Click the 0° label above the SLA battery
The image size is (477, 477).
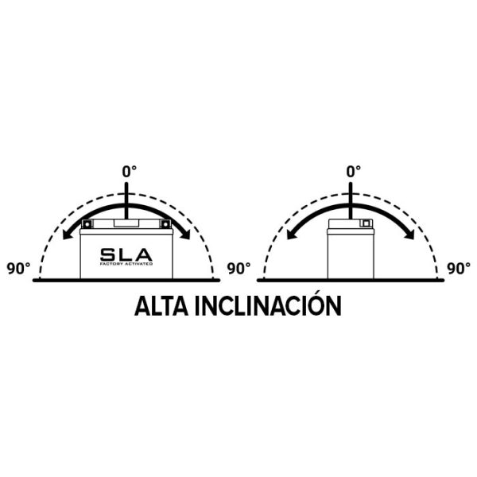[130, 172]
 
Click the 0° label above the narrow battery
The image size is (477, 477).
[354, 172]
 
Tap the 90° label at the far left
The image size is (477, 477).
[18, 269]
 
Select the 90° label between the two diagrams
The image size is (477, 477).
[238, 269]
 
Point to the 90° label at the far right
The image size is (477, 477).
[459, 269]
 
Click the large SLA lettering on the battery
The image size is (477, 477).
[126, 254]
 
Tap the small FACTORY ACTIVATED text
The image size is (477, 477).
[126, 264]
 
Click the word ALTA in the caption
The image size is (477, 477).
[161, 306]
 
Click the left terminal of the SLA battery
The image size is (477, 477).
[87, 224]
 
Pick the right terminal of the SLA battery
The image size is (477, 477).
[165, 224]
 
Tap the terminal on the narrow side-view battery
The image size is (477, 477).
[366, 223]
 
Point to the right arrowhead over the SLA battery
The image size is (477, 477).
[184, 234]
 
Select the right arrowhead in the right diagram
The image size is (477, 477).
[409, 234]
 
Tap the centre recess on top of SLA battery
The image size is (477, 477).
[126, 223]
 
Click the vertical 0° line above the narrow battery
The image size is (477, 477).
[351, 200]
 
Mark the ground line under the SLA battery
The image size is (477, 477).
[126, 280]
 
